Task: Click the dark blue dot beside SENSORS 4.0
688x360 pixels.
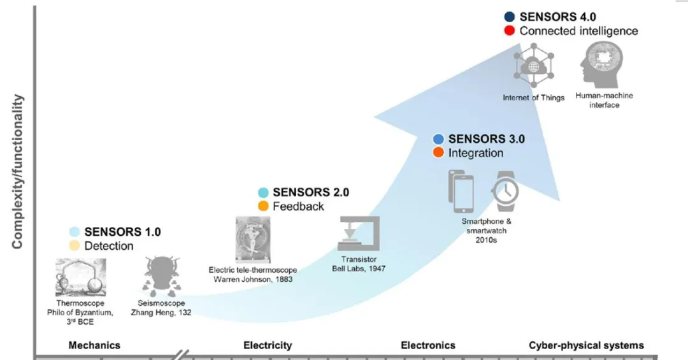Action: pos(509,17)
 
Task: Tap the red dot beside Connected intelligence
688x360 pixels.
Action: pos(509,31)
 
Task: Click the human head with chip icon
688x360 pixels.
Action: pos(602,66)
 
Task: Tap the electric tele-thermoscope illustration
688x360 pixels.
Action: pos(252,240)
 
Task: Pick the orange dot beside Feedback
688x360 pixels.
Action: pos(263,206)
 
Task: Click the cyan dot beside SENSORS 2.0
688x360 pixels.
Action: pos(263,192)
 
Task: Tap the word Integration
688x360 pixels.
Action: pos(476,153)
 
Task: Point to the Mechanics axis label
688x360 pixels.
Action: pos(94,345)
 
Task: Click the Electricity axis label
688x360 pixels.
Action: pos(268,345)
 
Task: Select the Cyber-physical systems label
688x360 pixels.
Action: pos(586,345)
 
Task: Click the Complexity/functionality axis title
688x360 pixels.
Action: pos(18,172)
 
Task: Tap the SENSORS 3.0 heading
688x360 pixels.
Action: pos(486,139)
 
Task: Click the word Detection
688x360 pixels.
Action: pos(109,246)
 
